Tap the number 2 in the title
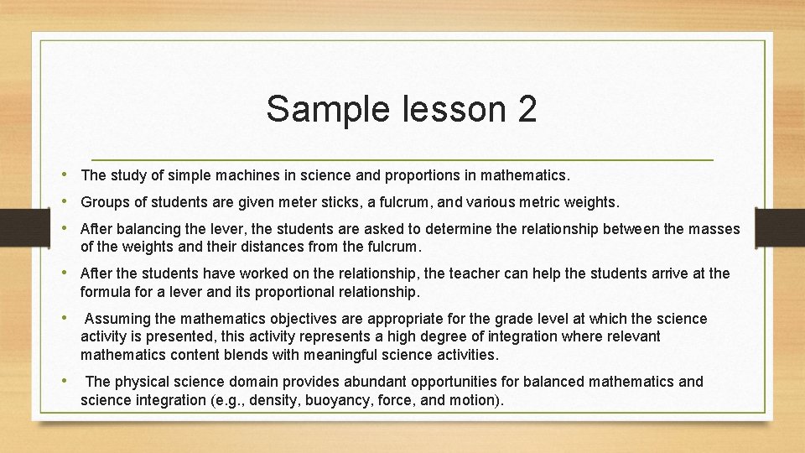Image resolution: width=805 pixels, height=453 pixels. point(526,109)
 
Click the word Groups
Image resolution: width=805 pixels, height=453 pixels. point(103,202)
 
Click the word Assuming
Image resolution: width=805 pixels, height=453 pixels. point(117,319)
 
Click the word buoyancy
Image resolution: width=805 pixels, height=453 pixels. point(343,400)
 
